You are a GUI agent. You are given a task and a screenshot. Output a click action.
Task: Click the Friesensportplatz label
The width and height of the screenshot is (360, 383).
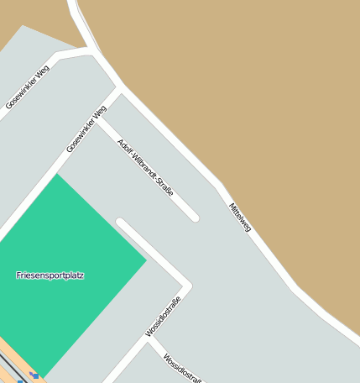[x=50, y=275]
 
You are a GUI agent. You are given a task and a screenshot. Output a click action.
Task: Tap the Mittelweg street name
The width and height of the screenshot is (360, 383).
[x=239, y=217]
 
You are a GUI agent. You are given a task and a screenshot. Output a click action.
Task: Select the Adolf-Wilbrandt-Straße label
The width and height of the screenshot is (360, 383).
[x=145, y=166]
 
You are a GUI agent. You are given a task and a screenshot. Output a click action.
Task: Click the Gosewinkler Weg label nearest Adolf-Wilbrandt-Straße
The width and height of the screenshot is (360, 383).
[x=86, y=129]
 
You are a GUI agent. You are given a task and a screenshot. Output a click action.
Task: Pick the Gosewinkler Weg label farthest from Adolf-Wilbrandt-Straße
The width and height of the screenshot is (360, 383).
[x=27, y=87]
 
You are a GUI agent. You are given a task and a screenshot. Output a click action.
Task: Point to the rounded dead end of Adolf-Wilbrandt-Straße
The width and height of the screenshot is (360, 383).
[x=195, y=218]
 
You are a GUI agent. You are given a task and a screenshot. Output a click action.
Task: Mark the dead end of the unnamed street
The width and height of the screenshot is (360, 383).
[x=122, y=223]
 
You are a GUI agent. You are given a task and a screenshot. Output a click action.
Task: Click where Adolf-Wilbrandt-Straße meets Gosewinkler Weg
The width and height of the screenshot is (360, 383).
[x=100, y=117]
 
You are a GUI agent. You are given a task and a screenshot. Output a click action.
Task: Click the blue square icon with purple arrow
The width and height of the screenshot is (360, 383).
[x=34, y=375]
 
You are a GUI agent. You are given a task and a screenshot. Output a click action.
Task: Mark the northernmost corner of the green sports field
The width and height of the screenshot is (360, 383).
[x=56, y=174]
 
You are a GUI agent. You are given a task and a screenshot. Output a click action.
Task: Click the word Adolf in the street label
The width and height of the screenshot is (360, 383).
[x=124, y=146]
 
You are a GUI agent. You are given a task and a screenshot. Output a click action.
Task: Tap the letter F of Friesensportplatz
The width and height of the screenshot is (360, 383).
[x=18, y=275]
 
